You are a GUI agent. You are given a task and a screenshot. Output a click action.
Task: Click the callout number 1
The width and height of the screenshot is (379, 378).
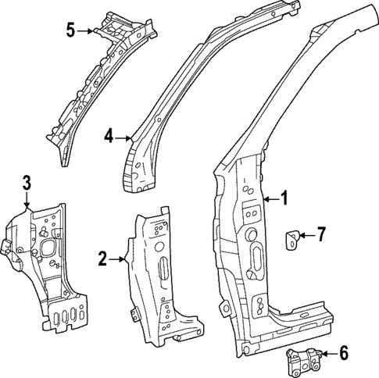[x=284, y=199]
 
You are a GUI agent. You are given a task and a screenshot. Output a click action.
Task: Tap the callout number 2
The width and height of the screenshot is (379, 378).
[x=103, y=258]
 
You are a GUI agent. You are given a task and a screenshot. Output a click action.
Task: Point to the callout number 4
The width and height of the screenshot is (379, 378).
[x=109, y=137]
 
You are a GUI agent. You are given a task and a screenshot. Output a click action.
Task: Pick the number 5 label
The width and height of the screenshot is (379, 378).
[x=70, y=30]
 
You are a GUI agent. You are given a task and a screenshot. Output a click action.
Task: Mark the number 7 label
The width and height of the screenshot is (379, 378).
[x=320, y=234]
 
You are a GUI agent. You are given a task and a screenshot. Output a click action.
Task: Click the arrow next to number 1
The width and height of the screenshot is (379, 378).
[x=270, y=200]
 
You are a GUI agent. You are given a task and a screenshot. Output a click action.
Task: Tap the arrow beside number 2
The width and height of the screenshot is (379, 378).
[x=117, y=258]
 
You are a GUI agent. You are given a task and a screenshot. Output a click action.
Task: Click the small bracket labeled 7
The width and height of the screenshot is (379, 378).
[x=292, y=239]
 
